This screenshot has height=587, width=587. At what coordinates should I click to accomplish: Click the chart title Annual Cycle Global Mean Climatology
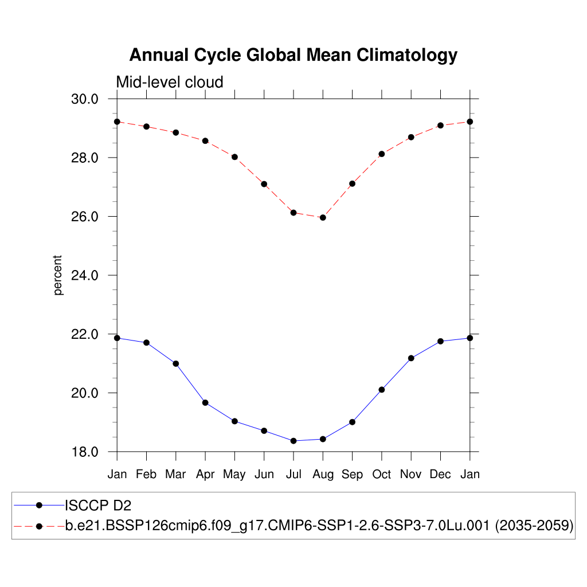pos(293,55)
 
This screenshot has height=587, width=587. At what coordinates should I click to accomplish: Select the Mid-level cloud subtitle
pos(170,83)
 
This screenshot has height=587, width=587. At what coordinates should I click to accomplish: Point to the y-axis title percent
pos(58,275)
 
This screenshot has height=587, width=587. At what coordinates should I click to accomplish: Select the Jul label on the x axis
pos(293,475)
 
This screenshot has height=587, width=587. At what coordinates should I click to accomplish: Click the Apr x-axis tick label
pos(205,475)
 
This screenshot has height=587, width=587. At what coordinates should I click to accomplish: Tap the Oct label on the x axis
pos(382,475)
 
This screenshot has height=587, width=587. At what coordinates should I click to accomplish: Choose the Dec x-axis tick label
pos(440,475)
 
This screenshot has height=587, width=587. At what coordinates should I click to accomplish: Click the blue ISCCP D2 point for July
pos(293,441)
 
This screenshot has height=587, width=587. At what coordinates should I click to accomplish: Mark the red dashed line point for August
pos(323,218)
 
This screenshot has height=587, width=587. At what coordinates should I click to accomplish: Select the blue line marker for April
pos(205,402)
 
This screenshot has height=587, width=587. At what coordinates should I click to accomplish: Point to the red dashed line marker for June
pos(264,184)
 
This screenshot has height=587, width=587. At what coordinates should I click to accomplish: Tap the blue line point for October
pos(382,390)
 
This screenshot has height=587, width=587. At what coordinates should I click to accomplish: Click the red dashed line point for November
pos(411,137)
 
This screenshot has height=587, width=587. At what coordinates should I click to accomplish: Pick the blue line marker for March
pos(176,363)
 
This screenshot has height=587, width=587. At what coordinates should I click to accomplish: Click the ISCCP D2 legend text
pos(98,505)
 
